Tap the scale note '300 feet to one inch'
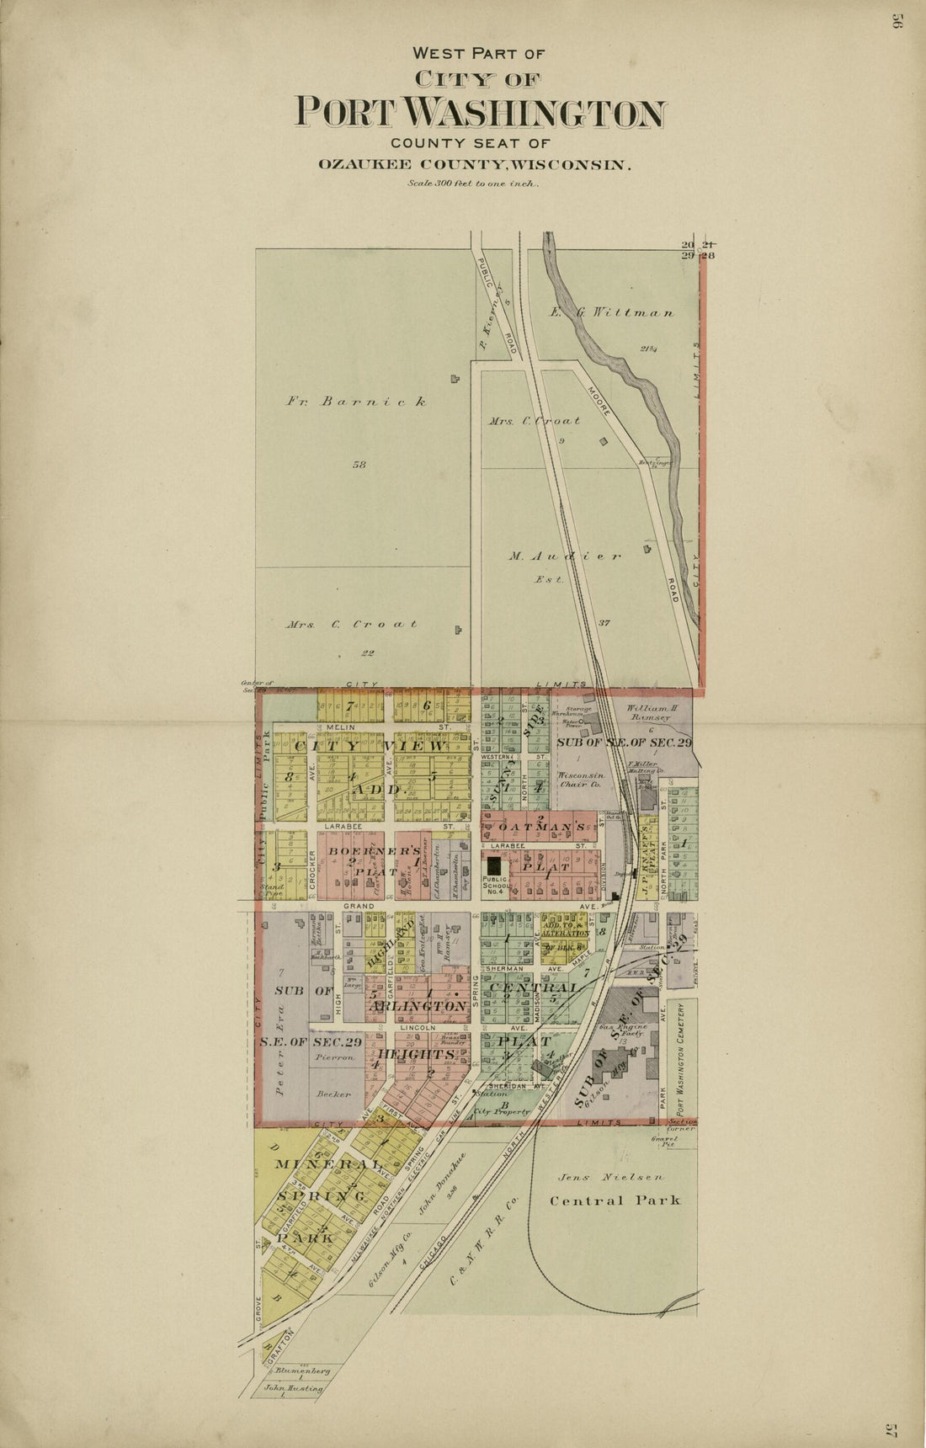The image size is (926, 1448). (472, 183)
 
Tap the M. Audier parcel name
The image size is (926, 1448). (565, 556)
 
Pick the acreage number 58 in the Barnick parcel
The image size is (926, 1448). (359, 464)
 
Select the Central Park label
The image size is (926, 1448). (615, 1200)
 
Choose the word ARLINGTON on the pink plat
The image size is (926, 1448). (417, 1006)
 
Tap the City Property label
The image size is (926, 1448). (503, 1112)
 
